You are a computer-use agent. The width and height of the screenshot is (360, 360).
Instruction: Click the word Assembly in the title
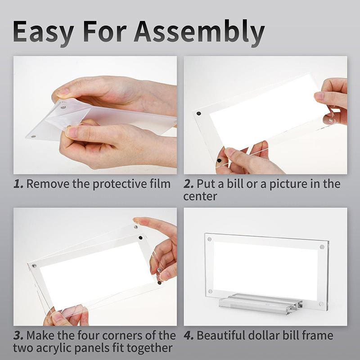point(199,32)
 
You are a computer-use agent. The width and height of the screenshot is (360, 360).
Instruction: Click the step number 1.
point(18,184)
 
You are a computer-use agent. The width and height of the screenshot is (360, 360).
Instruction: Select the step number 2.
point(188,184)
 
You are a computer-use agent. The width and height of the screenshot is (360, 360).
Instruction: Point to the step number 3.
point(18,335)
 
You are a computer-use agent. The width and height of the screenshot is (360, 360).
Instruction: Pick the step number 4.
point(189,335)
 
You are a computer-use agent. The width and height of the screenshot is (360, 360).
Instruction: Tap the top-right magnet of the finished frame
point(322,247)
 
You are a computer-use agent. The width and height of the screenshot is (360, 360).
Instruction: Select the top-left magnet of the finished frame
point(209,239)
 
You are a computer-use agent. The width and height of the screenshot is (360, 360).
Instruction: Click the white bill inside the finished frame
point(265,268)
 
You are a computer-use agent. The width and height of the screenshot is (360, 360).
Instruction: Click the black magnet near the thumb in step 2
point(219,161)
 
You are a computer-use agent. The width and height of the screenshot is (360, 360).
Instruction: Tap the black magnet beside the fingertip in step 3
point(140,238)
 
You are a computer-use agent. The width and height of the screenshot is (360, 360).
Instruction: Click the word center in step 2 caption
point(200,197)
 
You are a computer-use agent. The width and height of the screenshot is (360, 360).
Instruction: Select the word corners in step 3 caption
point(122,336)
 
